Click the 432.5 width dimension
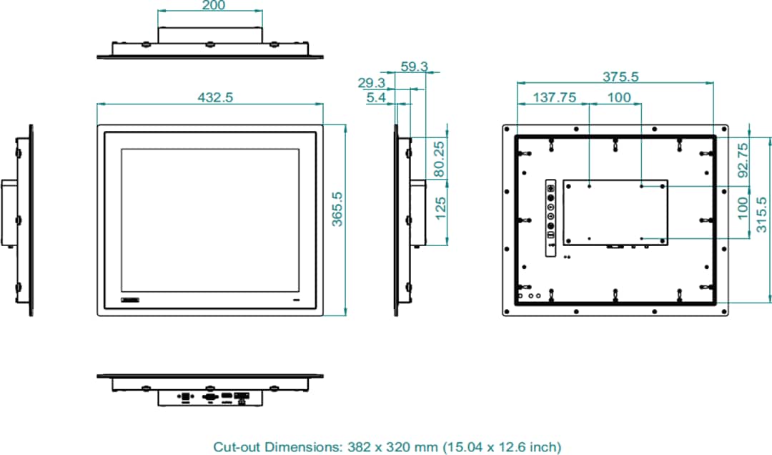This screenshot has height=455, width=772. (x=210, y=97)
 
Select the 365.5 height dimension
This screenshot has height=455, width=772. (x=337, y=210)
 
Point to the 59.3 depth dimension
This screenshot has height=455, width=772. (x=414, y=67)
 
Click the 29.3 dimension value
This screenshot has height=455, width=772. (x=372, y=82)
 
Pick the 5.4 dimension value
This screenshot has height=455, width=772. (x=376, y=97)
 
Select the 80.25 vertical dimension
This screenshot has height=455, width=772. (x=440, y=158)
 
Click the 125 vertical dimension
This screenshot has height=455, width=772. (x=440, y=209)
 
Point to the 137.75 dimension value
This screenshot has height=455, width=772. (x=555, y=98)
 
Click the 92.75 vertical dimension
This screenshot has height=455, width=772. (x=743, y=160)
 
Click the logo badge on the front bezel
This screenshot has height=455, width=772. (x=133, y=297)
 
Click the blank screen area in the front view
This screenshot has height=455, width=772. (x=209, y=219)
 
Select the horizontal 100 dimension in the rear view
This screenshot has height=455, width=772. (x=620, y=98)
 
